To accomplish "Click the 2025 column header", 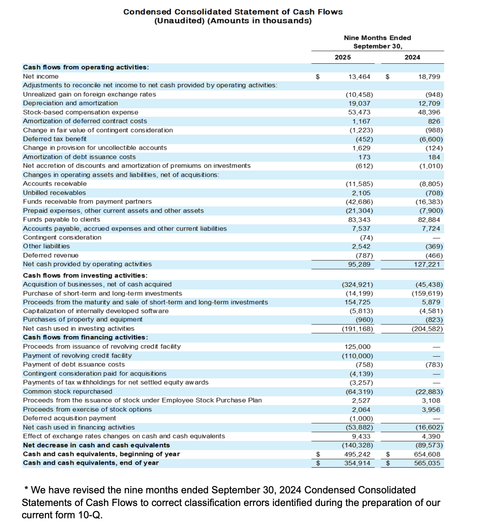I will click(343, 57).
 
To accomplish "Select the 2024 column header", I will click(412, 57).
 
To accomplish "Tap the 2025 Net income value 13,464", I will click(359, 77).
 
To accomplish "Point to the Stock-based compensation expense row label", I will click(81, 112).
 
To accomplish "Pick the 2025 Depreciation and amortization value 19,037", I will click(359, 103).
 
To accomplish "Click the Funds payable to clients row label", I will click(61, 220).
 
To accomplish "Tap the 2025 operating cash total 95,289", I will click(359, 264).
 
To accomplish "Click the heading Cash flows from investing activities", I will click(85, 275).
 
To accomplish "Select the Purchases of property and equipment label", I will click(83, 319).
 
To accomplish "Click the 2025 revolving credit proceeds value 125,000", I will click(357, 347).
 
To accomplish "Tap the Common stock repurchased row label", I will click(68, 391).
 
